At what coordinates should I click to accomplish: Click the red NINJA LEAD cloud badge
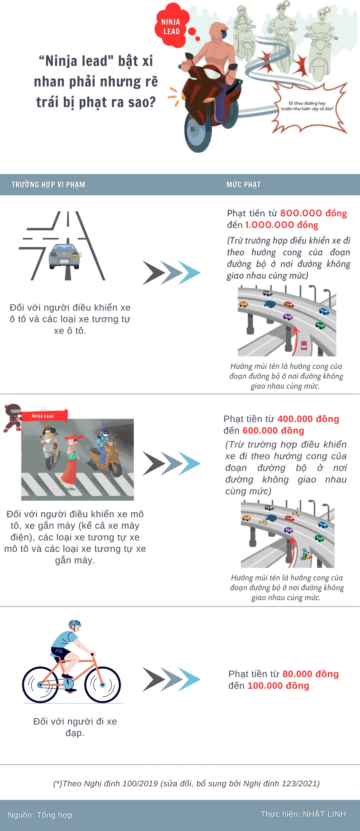click(170, 26)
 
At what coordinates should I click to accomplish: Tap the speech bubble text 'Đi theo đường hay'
click(307, 103)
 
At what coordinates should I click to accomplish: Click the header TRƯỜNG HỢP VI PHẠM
click(48, 185)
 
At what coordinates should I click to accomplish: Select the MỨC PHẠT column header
click(243, 185)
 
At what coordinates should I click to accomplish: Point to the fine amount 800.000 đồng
click(313, 213)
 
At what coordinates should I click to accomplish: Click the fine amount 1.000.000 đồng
click(282, 225)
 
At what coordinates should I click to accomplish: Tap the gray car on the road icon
click(64, 256)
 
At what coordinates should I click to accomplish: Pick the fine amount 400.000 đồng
click(308, 419)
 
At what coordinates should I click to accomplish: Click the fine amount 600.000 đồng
click(273, 431)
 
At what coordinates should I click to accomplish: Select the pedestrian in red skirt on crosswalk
click(71, 461)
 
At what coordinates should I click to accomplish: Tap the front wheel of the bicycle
click(102, 684)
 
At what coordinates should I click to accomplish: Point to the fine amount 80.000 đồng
click(310, 674)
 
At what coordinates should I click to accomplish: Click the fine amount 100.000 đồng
click(278, 686)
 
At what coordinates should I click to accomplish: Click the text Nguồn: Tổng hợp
click(40, 815)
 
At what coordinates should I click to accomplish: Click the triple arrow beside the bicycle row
click(171, 679)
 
